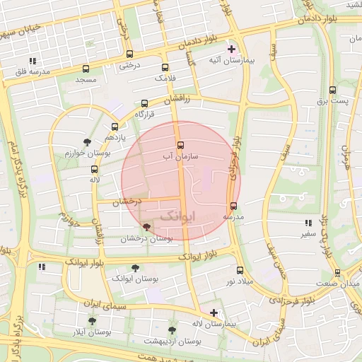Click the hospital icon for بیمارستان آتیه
coord(231,49)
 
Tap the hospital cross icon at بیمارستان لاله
coord(214,312)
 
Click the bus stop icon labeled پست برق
coord(332,90)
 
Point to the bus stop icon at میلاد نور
coord(240,269)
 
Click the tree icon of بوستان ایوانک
coord(135,268)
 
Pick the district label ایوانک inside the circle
coord(175,216)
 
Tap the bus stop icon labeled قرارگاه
coord(145,103)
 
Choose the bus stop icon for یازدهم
coord(115,127)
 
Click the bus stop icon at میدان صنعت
coord(337,272)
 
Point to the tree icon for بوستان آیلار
coord(92,321)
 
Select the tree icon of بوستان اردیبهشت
coord(172,329)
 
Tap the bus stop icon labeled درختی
coord(129,54)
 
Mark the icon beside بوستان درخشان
coord(146,227)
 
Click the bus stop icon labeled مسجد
coord(86,69)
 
